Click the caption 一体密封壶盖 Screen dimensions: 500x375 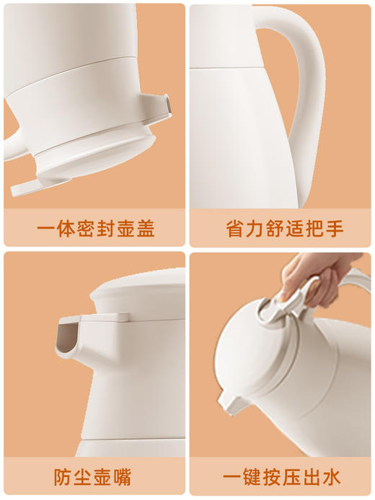[95, 229]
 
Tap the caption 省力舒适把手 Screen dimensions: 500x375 [281, 229]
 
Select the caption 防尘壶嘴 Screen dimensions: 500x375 [95, 477]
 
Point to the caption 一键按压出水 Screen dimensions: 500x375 [281, 477]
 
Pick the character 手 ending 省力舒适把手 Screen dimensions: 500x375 [332, 229]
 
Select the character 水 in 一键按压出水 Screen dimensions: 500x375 [332, 477]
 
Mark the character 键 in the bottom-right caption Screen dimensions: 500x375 [250, 477]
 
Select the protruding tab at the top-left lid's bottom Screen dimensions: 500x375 [29, 185]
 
